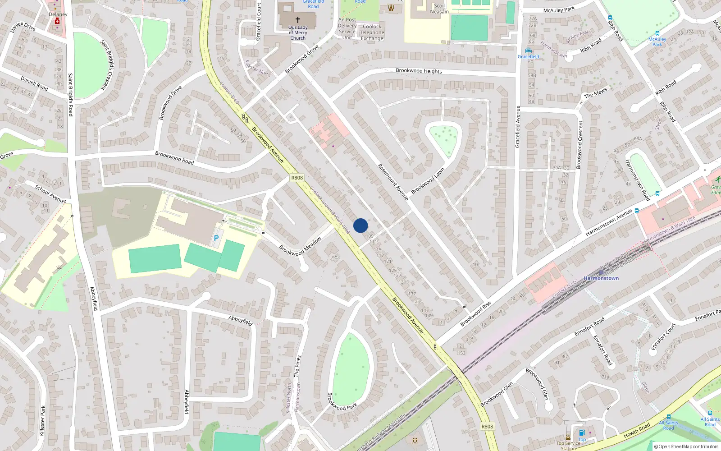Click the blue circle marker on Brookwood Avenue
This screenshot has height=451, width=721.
coord(360,225)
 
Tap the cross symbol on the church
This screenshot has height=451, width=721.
coord(297,20)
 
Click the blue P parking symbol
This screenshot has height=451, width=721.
coord(216,238)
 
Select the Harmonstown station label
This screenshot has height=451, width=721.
coord(601,278)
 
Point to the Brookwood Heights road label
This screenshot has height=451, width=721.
coord(419,71)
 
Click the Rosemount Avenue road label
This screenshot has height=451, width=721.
coord(393,182)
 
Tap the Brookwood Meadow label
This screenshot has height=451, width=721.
coord(300,246)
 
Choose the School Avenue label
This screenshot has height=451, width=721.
coord(50,194)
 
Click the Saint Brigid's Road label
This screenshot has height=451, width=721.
coord(70,95)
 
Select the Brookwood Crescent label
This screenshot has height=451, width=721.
coord(580,144)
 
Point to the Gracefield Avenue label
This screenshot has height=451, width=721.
coord(517,127)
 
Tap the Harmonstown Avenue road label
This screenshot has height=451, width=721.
coord(608,223)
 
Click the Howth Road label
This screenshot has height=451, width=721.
coord(637,430)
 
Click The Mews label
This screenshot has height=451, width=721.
coord(595,93)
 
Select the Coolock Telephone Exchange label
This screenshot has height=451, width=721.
coord(372,32)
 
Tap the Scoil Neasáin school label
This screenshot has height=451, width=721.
coord(439,9)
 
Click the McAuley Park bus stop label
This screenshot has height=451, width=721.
coord(657,41)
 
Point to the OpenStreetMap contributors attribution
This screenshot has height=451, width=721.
coord(686,446)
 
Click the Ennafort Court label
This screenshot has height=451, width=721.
coord(664,336)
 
